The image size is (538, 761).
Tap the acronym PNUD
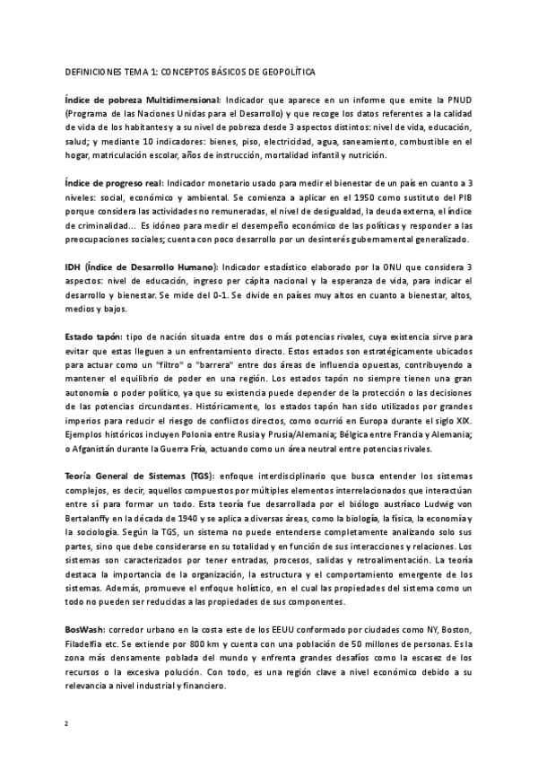click(x=460, y=98)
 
